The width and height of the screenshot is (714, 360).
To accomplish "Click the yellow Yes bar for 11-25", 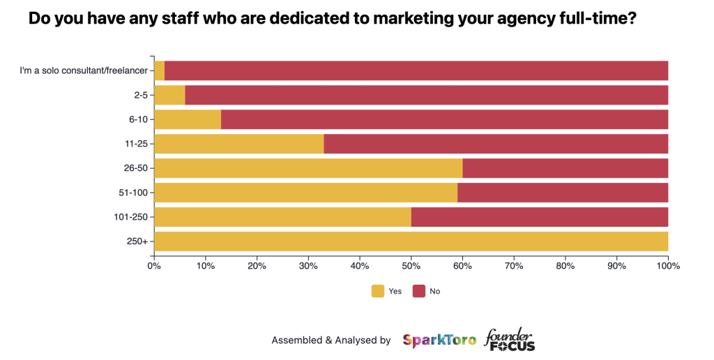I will [x=238, y=144].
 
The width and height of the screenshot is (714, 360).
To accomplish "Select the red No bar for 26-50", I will [x=565, y=168].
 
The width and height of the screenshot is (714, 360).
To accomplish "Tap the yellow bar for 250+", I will [x=411, y=241].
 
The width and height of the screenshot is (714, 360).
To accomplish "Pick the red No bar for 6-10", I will [x=444, y=119].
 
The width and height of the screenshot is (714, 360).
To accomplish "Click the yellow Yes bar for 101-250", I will [x=282, y=217].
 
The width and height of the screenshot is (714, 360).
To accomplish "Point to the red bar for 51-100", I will [x=563, y=193].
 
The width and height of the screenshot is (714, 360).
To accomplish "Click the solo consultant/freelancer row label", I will [x=83, y=70].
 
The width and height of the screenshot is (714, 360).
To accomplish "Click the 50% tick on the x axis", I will [x=411, y=265].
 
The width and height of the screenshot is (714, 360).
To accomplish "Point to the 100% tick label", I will [x=667, y=265].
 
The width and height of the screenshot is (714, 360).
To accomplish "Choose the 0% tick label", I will [x=154, y=265].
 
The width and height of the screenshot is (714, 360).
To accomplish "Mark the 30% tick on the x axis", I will [x=308, y=265].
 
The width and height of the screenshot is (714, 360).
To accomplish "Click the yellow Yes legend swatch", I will [x=378, y=291].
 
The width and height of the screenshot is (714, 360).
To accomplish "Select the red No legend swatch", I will [x=419, y=291].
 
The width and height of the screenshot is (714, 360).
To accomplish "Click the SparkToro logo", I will [x=439, y=340].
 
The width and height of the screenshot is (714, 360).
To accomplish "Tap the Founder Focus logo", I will [x=510, y=340].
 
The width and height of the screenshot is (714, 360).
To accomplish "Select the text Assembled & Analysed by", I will [x=331, y=340].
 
